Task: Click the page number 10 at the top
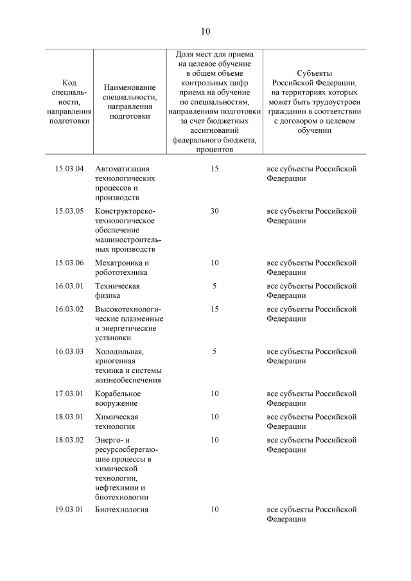pyautogui.click(x=205, y=31)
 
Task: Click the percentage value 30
pyautogui.click(x=214, y=211)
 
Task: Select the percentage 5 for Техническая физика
pyautogui.click(x=214, y=286)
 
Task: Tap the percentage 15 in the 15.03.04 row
pyautogui.click(x=214, y=169)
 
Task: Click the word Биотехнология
pyautogui.click(x=121, y=510)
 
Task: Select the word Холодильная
pyautogui.click(x=119, y=351)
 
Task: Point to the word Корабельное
pyautogui.click(x=118, y=394)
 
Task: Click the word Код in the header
pyautogui.click(x=69, y=83)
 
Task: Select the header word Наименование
pyautogui.click(x=130, y=87)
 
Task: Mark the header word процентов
pyautogui.click(x=214, y=150)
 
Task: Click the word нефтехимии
pyautogui.click(x=114, y=487)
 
